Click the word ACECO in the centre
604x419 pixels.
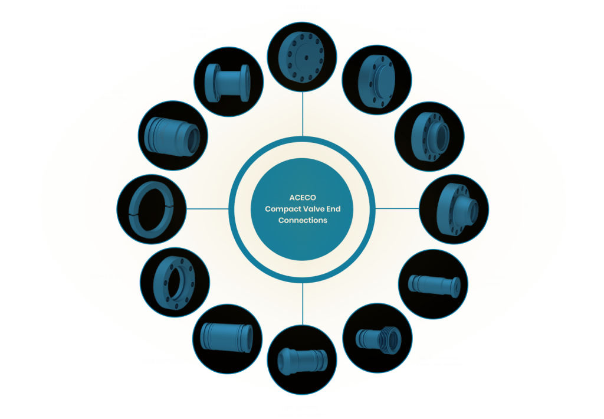tap(303, 198)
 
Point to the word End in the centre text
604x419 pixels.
tap(333, 209)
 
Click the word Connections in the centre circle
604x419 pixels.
tap(303, 221)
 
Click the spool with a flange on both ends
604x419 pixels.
tap(228, 83)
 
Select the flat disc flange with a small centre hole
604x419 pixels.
tap(301, 58)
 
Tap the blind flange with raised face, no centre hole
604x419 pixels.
tap(376, 81)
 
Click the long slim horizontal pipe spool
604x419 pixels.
tap(434, 285)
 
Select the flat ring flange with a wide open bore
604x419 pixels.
tap(175, 283)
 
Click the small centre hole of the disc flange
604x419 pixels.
tap(306, 58)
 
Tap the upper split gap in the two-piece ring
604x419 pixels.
tap(170, 208)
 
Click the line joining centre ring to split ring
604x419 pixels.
tap(208, 209)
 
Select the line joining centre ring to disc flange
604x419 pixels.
tap(303, 114)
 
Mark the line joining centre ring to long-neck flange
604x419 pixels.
tap(397, 208)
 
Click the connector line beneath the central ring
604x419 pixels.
tap(303, 304)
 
